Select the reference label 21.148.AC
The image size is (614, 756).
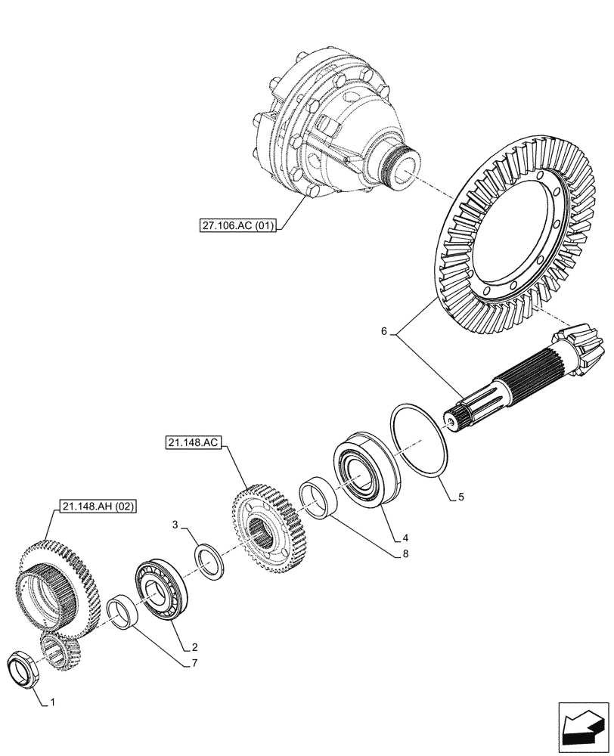(193, 443)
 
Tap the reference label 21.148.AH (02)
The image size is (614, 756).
(95, 507)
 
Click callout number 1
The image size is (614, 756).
(52, 703)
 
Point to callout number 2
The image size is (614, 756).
(195, 647)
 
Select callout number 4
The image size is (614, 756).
(405, 538)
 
